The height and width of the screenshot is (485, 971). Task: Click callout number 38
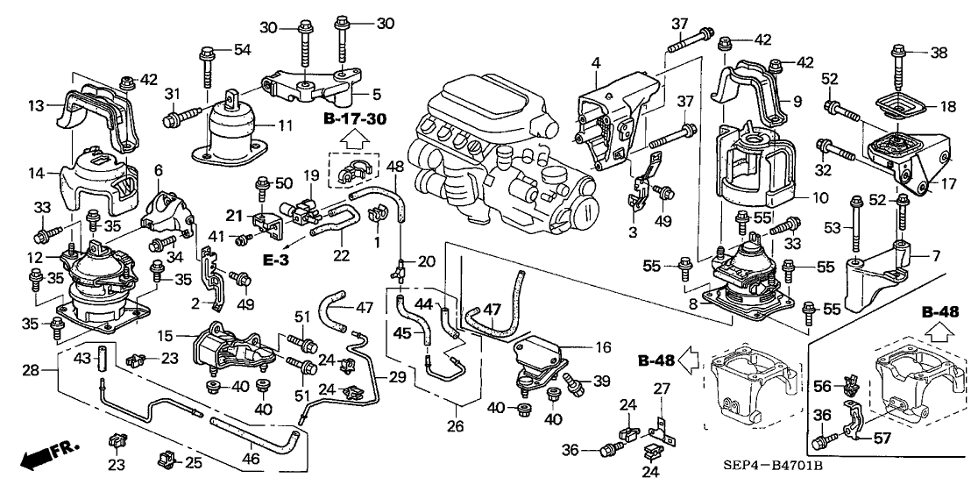[x=939, y=53]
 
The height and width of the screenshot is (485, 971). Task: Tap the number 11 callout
[x=285, y=126]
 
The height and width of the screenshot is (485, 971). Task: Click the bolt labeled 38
[x=898, y=67]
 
